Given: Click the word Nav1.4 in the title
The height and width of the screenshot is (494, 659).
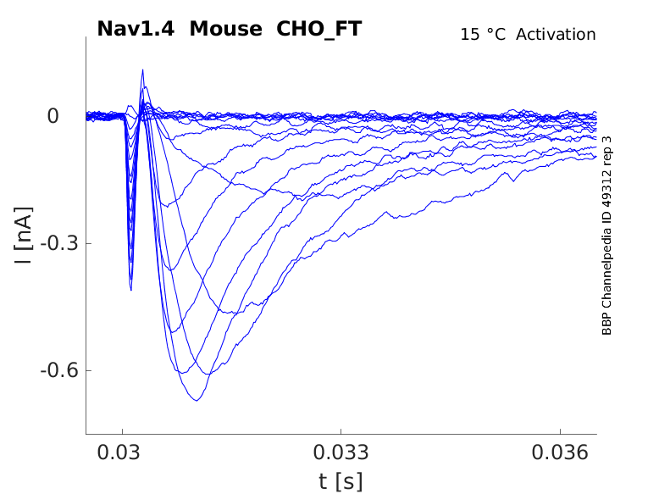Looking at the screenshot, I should point(137,29).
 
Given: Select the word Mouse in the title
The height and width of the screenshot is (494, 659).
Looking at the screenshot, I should point(225,29).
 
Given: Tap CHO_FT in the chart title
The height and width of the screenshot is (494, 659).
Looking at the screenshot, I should point(319,29).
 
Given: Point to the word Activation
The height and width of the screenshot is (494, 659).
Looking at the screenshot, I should point(556,35).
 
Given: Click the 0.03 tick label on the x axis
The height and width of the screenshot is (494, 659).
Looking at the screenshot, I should point(123,452).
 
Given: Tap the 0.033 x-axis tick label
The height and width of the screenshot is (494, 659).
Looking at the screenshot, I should point(341,452).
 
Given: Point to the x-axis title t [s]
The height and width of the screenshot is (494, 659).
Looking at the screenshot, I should point(341,481).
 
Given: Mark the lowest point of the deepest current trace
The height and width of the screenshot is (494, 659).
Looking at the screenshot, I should point(197,400).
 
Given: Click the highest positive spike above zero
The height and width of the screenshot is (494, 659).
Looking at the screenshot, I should point(142,70).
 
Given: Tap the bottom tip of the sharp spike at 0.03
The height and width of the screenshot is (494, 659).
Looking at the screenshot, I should point(130,291).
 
